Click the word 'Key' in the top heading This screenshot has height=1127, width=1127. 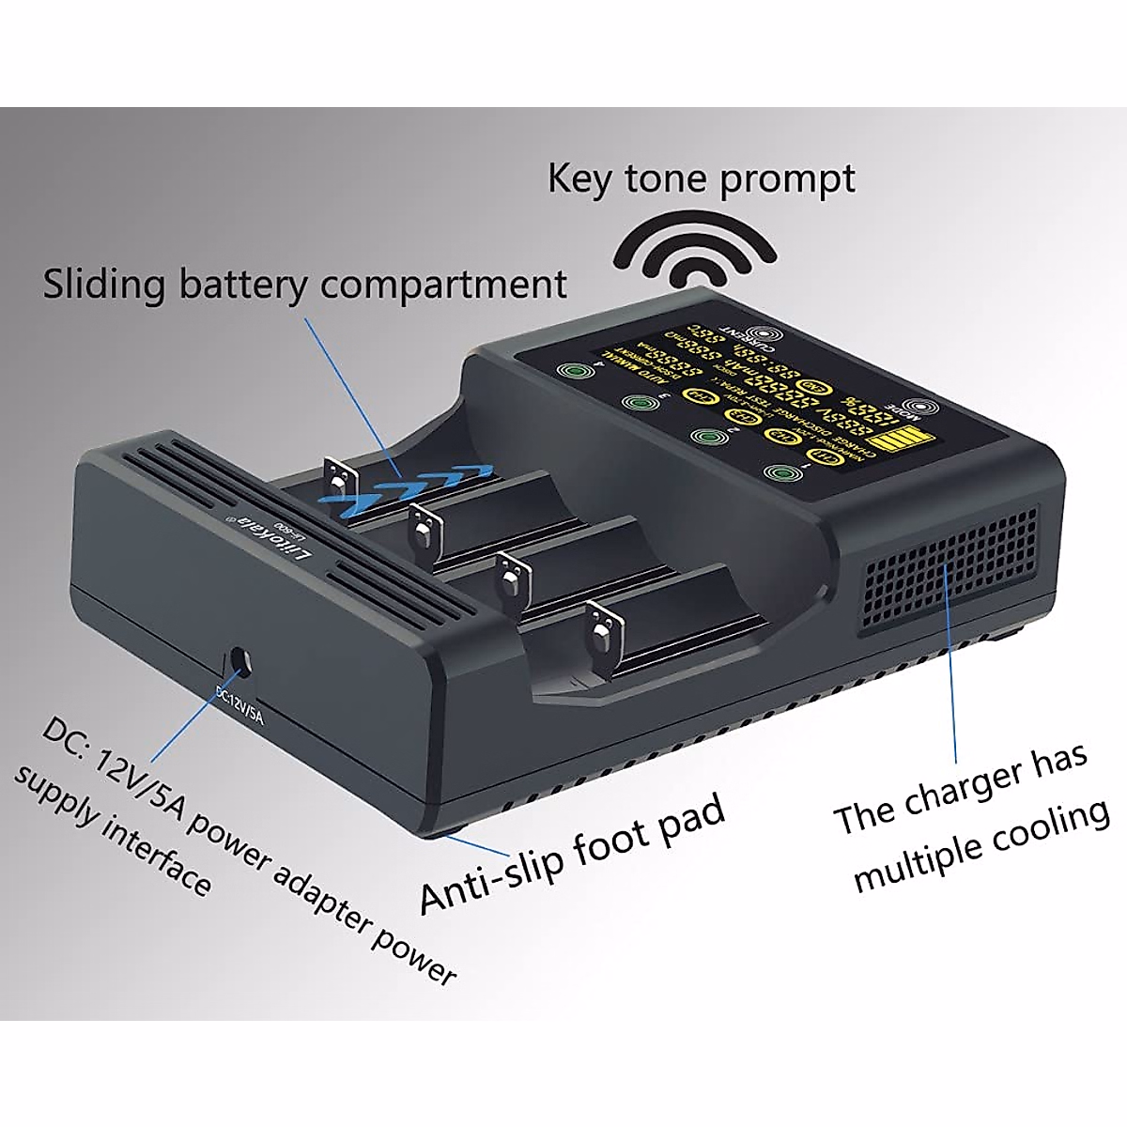click(x=579, y=179)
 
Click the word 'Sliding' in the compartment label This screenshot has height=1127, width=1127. click(x=103, y=285)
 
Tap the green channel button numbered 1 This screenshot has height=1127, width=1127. click(x=779, y=473)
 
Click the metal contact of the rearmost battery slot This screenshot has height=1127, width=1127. click(x=338, y=477)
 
